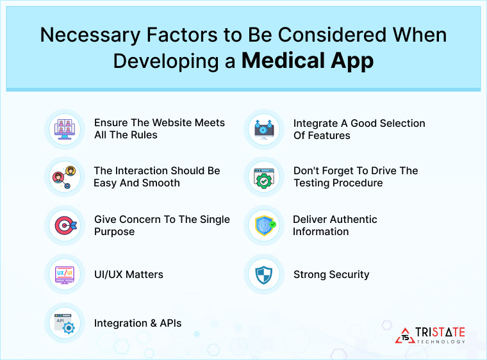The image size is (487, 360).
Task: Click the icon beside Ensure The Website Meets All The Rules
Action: [x=65, y=128]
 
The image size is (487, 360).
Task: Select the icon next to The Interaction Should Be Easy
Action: [x=65, y=177]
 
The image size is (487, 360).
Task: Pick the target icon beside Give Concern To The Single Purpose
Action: [x=65, y=225]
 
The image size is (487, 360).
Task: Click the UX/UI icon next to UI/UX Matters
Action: [x=65, y=274]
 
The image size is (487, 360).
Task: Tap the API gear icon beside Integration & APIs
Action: [x=65, y=323]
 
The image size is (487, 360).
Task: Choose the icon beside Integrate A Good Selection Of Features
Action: [x=264, y=128]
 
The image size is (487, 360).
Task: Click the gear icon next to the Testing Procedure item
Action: [x=264, y=177]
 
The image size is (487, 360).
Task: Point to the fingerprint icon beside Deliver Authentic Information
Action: [x=264, y=225]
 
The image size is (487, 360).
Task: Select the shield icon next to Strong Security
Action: [x=264, y=274]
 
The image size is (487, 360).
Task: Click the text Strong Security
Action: [x=331, y=274]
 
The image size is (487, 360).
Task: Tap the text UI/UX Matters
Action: [x=128, y=274]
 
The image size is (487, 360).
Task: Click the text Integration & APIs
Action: [x=138, y=323]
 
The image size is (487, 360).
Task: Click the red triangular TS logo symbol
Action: [x=405, y=335]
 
